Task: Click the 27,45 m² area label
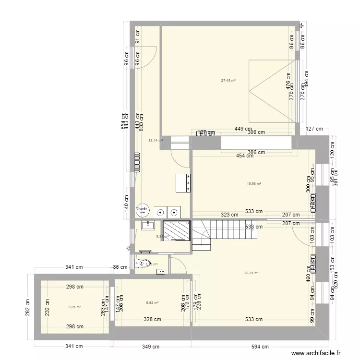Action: tap(228, 81)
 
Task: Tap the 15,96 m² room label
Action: tap(253, 183)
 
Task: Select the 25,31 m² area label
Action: tap(252, 273)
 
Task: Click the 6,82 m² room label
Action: tap(152, 303)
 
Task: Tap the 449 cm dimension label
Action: tap(243, 129)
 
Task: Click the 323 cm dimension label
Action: tap(229, 215)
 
